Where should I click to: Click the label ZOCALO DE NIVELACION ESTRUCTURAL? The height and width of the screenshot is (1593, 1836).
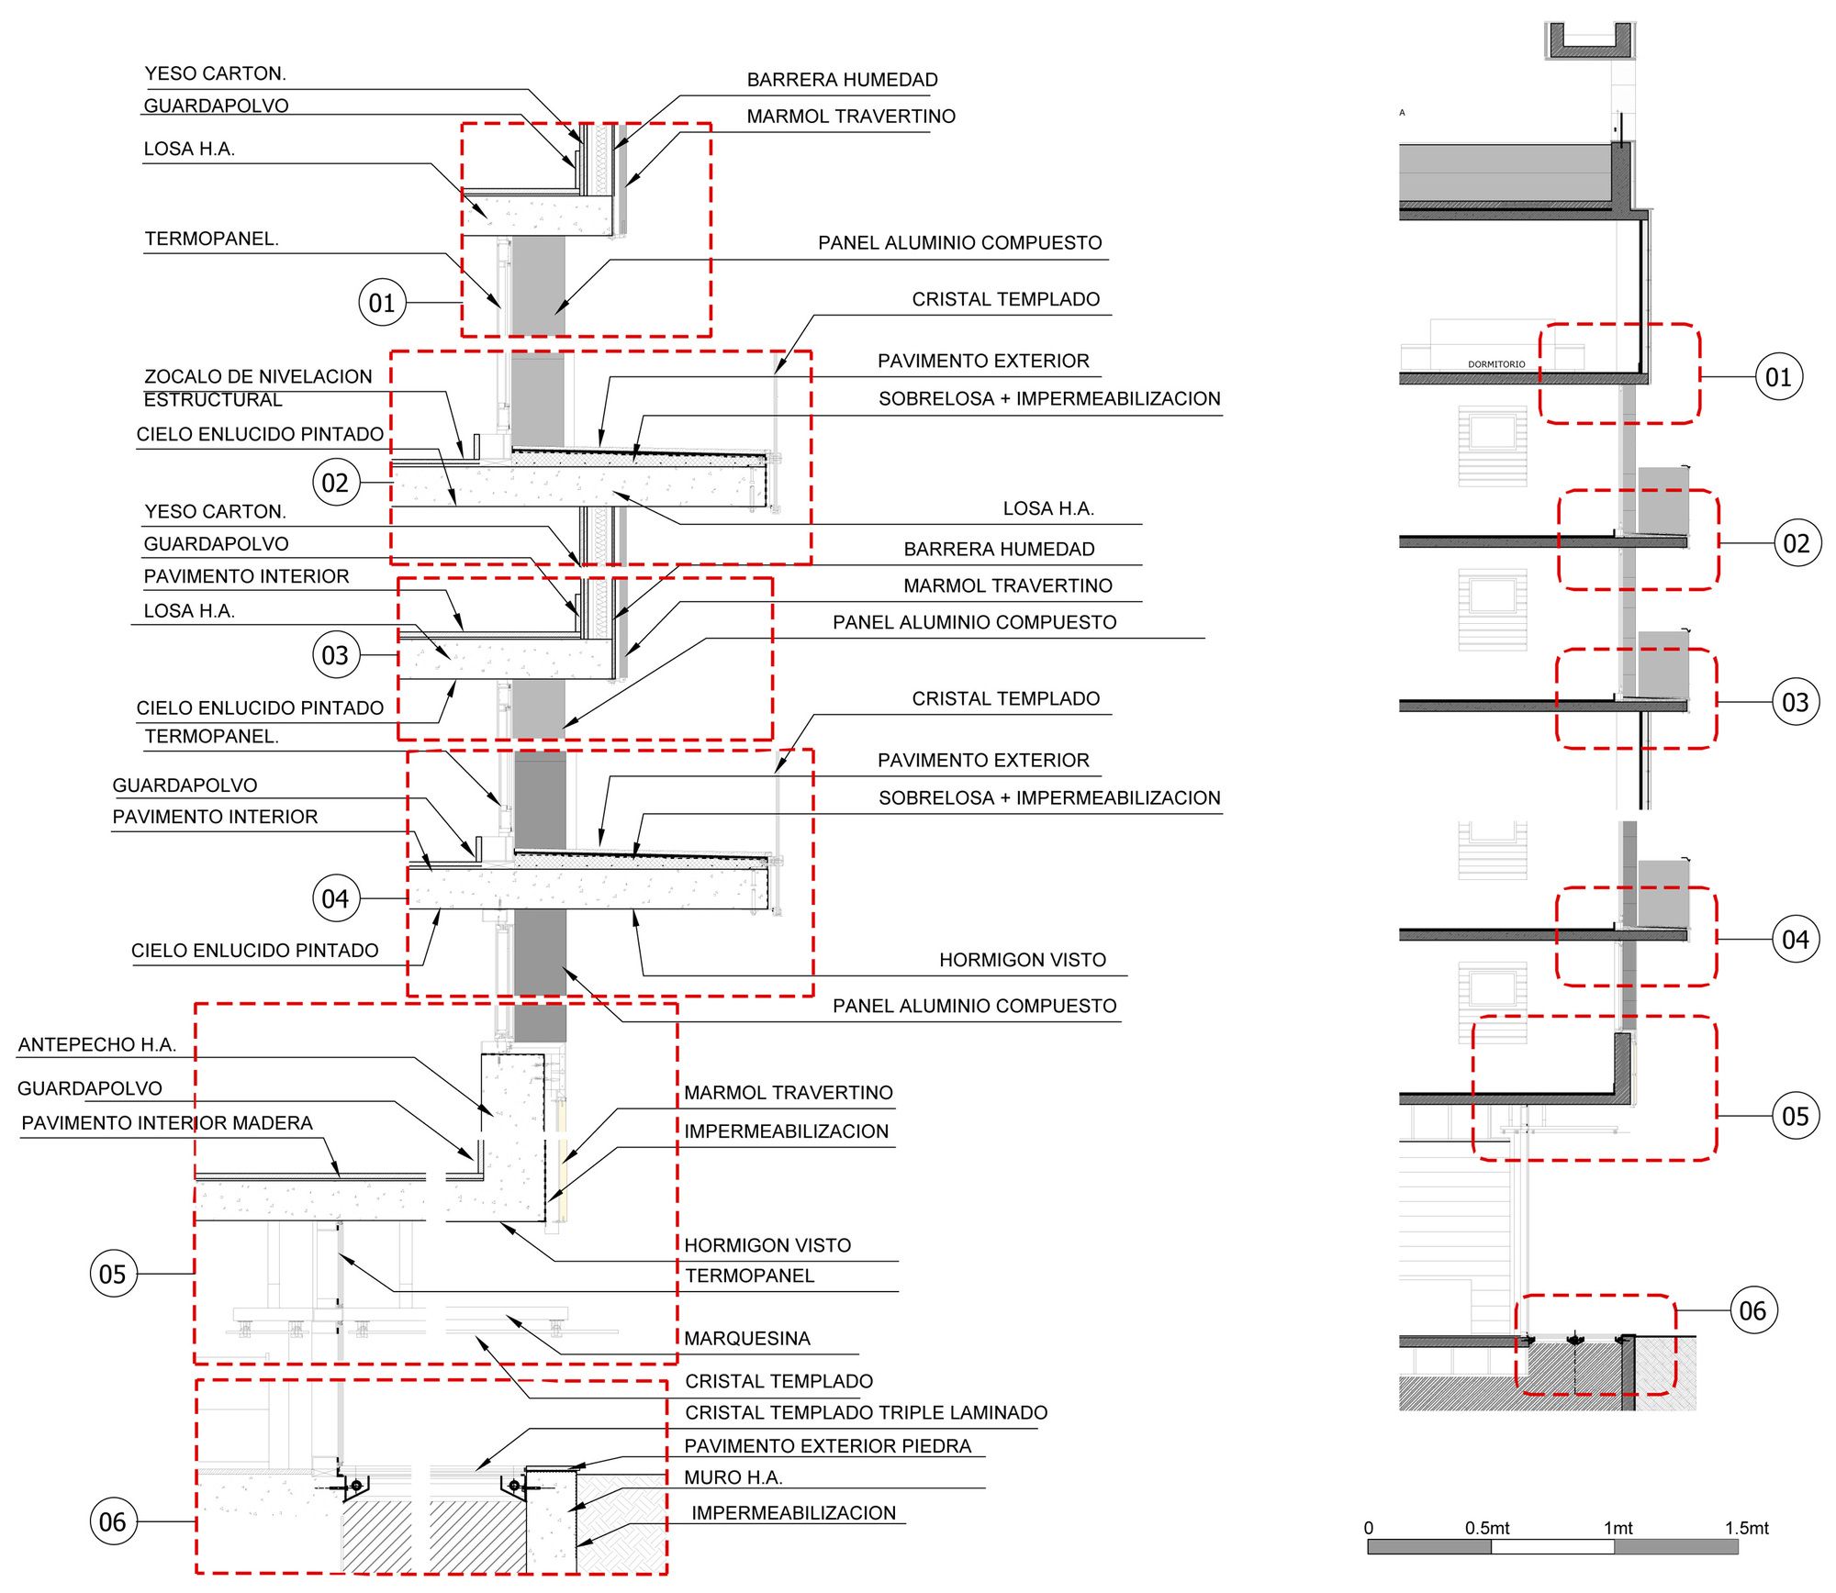tap(257, 387)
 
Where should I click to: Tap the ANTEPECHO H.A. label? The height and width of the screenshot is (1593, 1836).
tap(96, 1044)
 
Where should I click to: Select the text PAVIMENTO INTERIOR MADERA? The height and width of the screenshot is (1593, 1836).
tap(167, 1123)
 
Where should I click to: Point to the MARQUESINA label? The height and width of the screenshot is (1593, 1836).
tap(746, 1338)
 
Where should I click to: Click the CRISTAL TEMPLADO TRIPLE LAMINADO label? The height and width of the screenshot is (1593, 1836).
tap(866, 1412)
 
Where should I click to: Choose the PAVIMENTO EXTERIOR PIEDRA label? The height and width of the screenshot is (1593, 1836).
tap(827, 1445)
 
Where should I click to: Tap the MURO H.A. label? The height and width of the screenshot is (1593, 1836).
tap(733, 1477)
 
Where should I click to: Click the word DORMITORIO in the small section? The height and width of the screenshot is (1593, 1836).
tap(1495, 364)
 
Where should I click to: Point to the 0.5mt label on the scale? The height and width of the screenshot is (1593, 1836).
tap(1486, 1528)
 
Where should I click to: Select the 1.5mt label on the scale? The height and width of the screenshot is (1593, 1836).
tap(1745, 1528)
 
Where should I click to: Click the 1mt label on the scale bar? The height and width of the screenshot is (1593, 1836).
tap(1618, 1528)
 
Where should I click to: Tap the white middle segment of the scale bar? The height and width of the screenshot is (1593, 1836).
tap(1551, 1546)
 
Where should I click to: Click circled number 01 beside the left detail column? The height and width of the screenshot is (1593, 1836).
tap(382, 303)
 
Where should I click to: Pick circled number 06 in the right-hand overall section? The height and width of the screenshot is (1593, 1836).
tap(1752, 1310)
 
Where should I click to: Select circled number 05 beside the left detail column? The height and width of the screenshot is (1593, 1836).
tap(113, 1274)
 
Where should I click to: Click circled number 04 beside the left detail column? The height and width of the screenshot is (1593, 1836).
tap(336, 898)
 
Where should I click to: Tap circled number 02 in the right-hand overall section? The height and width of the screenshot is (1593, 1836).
tap(1797, 543)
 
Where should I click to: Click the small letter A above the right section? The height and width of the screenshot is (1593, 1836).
tap(1402, 113)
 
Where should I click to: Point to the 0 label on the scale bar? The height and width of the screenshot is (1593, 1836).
tap(1368, 1528)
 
